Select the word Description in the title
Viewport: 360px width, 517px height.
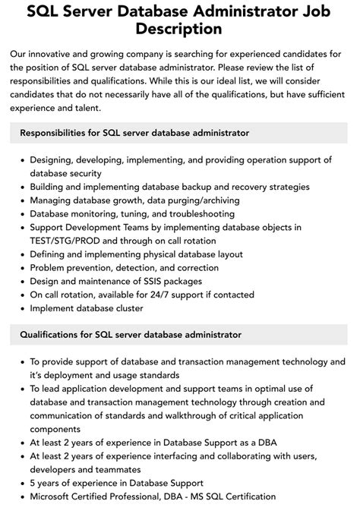pos(180,30)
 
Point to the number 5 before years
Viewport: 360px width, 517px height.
pos(33,483)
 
